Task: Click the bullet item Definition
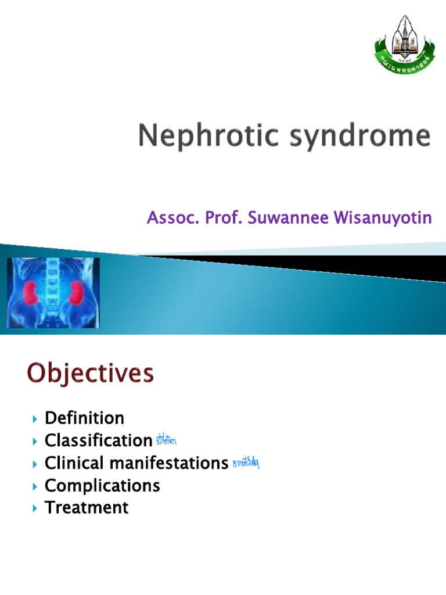pyautogui.click(x=84, y=418)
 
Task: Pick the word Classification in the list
pyautogui.click(x=98, y=441)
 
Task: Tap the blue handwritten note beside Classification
pyautogui.click(x=166, y=441)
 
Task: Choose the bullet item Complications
pyautogui.click(x=102, y=486)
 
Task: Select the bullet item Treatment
pyautogui.click(x=87, y=508)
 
